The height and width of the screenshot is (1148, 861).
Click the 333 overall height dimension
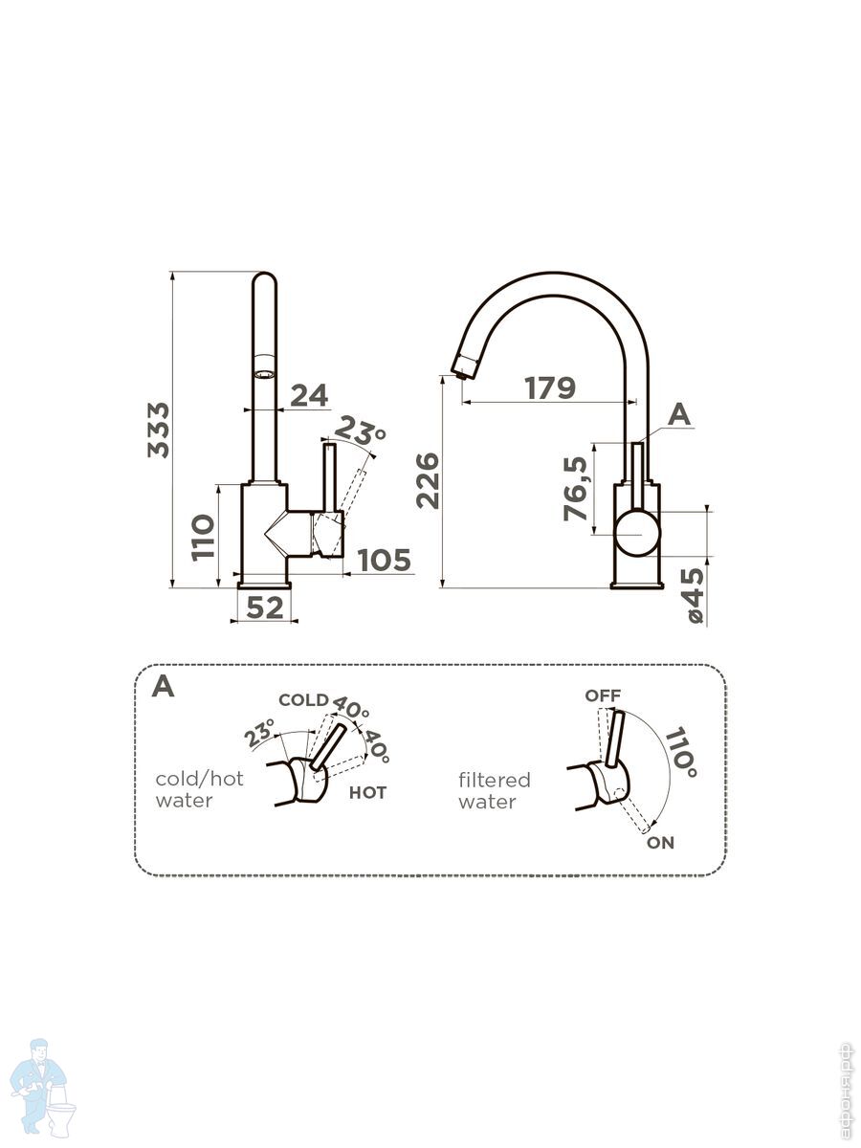159,430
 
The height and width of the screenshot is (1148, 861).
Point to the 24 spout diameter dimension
309,394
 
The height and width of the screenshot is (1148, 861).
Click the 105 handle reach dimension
385,560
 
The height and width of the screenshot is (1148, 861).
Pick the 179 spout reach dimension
550,388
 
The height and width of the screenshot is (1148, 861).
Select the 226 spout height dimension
428,480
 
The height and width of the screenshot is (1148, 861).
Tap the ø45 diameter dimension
695,595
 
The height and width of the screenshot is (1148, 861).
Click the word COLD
303,700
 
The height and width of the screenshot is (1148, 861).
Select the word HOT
367,792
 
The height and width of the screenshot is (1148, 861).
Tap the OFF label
603,695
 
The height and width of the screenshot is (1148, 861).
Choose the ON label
660,843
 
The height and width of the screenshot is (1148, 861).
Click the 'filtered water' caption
494,791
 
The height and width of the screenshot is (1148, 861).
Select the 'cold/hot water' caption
199,789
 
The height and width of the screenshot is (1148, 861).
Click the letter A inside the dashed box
164,687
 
